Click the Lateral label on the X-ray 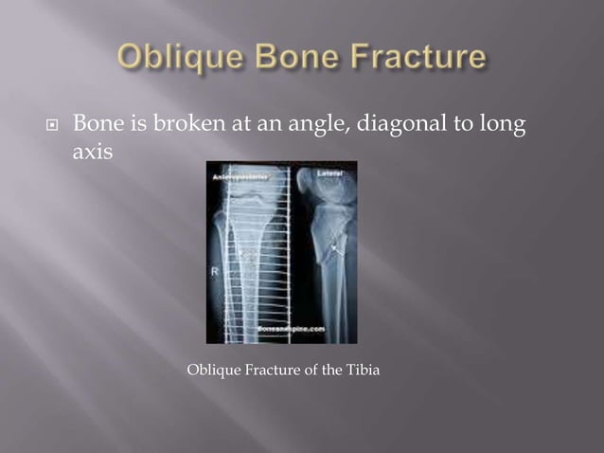tap(333, 172)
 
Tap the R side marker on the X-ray tap(216, 271)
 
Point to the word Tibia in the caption tap(361, 370)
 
